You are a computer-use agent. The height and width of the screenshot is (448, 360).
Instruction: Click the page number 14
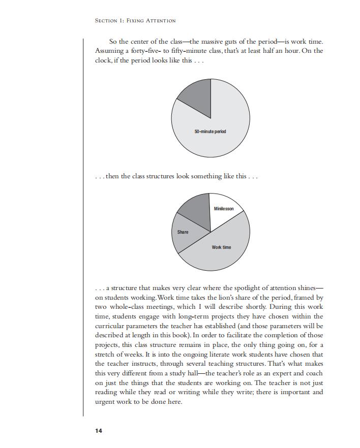pyautogui.click(x=99, y=431)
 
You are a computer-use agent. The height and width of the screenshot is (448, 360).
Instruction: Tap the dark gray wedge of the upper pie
pyautogui.click(x=195, y=93)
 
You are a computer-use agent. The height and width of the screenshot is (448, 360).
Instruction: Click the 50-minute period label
pyautogui.click(x=210, y=132)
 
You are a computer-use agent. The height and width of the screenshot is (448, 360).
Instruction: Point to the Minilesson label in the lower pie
pyautogui.click(x=224, y=209)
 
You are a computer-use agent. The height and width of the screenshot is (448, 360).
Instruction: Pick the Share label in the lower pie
pyautogui.click(x=183, y=232)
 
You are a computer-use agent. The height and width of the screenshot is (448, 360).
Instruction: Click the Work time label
pyautogui.click(x=221, y=247)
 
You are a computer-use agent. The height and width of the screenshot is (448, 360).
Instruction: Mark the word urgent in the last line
pyautogui.click(x=106, y=402)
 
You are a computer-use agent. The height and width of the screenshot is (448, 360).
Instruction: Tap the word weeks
pyautogui.click(x=137, y=355)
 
